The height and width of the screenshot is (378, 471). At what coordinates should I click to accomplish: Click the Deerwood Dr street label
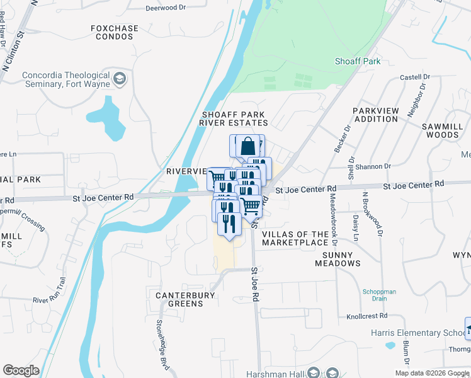click(166, 8)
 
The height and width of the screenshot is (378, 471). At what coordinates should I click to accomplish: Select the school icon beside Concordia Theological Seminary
click(120, 79)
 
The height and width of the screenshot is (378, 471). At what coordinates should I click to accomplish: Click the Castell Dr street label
click(415, 77)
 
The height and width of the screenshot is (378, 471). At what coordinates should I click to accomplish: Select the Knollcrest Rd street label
click(365, 317)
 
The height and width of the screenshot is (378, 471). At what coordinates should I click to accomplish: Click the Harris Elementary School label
click(416, 333)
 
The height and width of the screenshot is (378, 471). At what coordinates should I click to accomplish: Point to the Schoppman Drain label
click(378, 295)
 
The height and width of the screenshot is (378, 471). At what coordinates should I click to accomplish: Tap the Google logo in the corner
click(21, 370)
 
